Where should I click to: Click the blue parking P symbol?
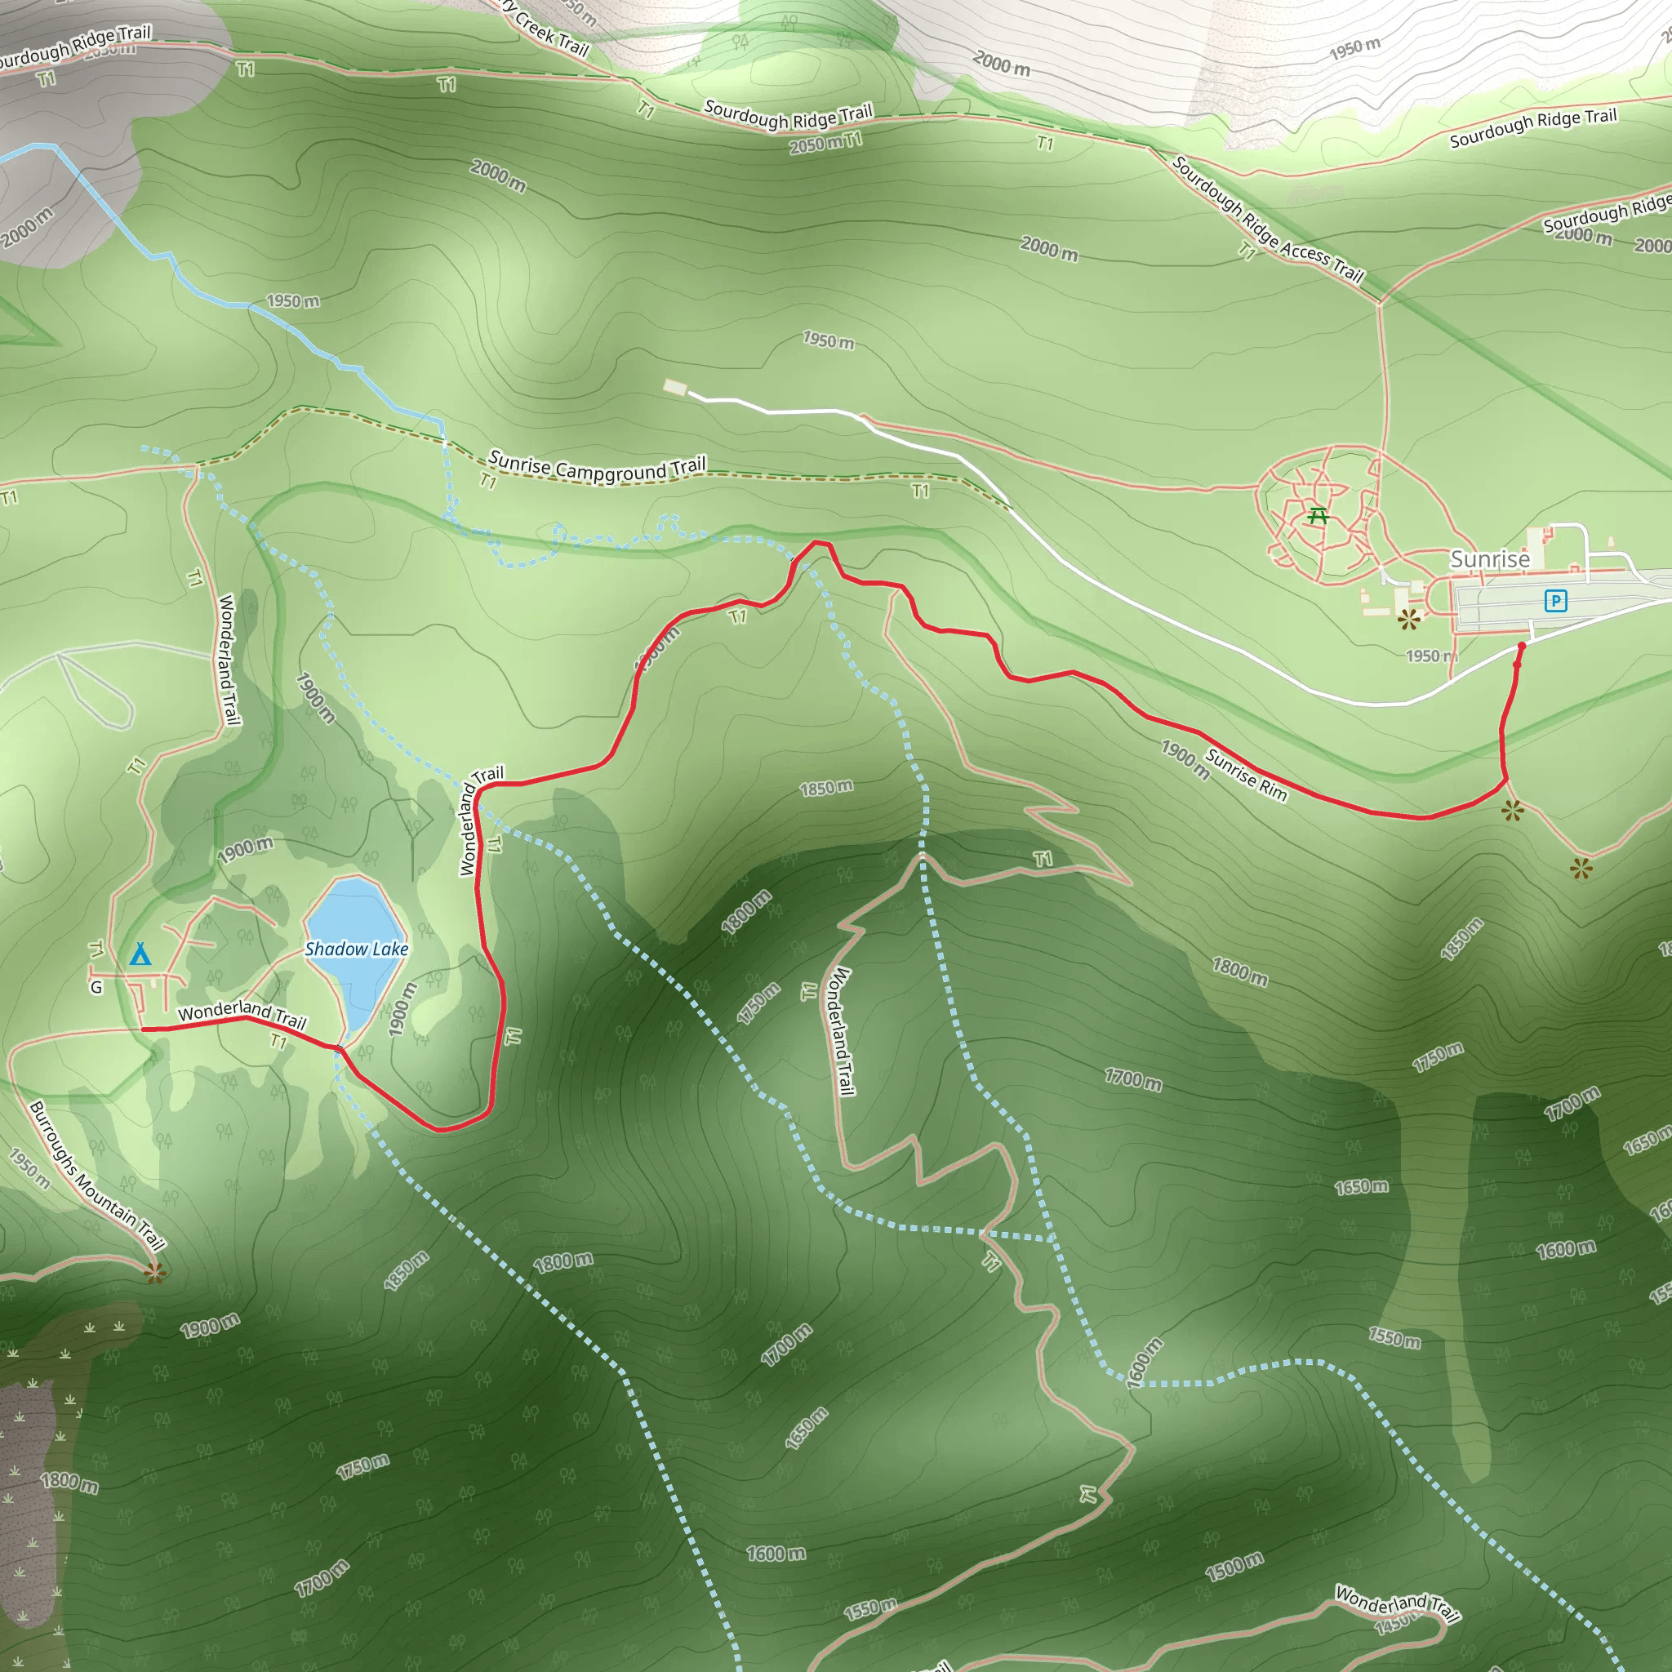pyautogui.click(x=1555, y=601)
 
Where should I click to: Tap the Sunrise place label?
pyautogui.click(x=1489, y=559)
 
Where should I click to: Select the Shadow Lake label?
pyautogui.click(x=357, y=949)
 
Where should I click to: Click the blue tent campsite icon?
pyautogui.click(x=140, y=954)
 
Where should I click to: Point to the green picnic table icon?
pyautogui.click(x=1318, y=516)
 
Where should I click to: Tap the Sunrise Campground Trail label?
pyautogui.click(x=597, y=468)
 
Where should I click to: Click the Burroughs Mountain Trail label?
pyautogui.click(x=96, y=1176)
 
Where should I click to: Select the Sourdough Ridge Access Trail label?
pyautogui.click(x=1268, y=220)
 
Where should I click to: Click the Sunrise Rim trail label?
pyautogui.click(x=1246, y=774)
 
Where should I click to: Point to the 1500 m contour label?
pyautogui.click(x=1234, y=1567)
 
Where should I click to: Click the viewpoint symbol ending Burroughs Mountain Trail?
pyautogui.click(x=155, y=1272)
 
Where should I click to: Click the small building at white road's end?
pyautogui.click(x=675, y=387)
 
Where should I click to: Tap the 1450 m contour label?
pyautogui.click(x=1394, y=1626)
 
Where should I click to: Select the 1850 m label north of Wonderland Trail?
pyautogui.click(x=825, y=788)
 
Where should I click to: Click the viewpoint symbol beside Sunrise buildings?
pyautogui.click(x=1409, y=619)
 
